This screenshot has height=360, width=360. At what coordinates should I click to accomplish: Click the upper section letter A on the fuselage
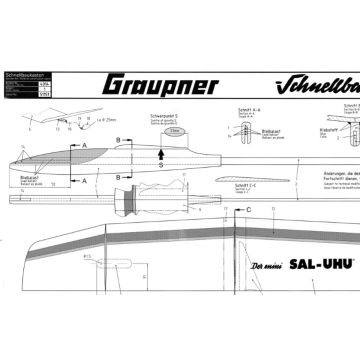click(x=84, y=146)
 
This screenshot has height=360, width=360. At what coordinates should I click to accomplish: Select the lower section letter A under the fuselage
click(x=84, y=178)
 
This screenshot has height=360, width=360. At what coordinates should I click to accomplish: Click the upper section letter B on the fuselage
click(x=118, y=140)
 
